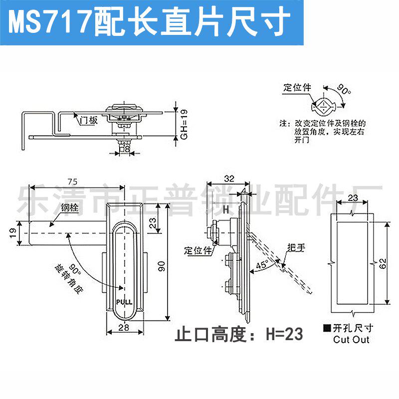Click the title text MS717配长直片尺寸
150,21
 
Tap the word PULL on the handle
123,302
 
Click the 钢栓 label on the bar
70,207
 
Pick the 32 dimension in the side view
229,178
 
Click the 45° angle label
262,264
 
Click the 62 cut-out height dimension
382,263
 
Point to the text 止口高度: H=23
239,334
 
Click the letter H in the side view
225,210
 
